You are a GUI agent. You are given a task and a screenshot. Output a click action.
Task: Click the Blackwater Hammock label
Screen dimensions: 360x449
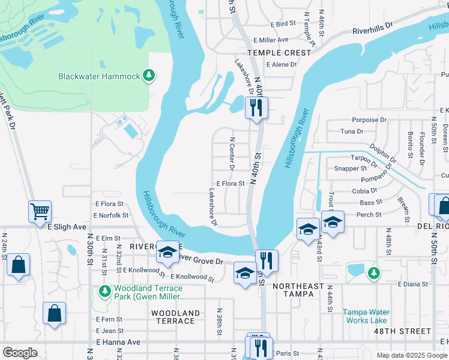(98, 76)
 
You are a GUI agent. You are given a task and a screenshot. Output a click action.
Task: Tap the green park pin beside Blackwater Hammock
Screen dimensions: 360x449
(149, 76)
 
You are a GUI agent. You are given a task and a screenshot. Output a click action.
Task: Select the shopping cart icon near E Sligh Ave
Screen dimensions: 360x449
(40, 211)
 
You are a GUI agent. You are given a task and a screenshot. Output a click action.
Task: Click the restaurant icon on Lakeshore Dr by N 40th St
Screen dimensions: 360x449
(256, 109)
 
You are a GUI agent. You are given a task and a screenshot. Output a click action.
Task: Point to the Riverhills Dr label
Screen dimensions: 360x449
(372, 28)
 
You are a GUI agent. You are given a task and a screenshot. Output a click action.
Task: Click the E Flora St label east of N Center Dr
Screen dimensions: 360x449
(231, 184)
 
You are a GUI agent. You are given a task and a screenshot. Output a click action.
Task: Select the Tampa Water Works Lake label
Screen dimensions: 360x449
(366, 316)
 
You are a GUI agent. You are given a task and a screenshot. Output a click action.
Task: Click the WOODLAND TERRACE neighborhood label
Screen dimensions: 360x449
(175, 317)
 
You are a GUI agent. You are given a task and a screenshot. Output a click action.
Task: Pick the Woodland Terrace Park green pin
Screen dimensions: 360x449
(103, 292)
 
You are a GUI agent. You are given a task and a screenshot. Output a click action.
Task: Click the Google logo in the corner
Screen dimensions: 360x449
(20, 353)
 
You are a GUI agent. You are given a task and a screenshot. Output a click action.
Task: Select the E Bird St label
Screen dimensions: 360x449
(283, 24)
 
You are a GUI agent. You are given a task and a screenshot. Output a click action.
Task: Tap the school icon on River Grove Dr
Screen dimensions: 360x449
(167, 252)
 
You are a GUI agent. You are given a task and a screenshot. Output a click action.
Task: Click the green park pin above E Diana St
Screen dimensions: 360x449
(373, 273)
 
